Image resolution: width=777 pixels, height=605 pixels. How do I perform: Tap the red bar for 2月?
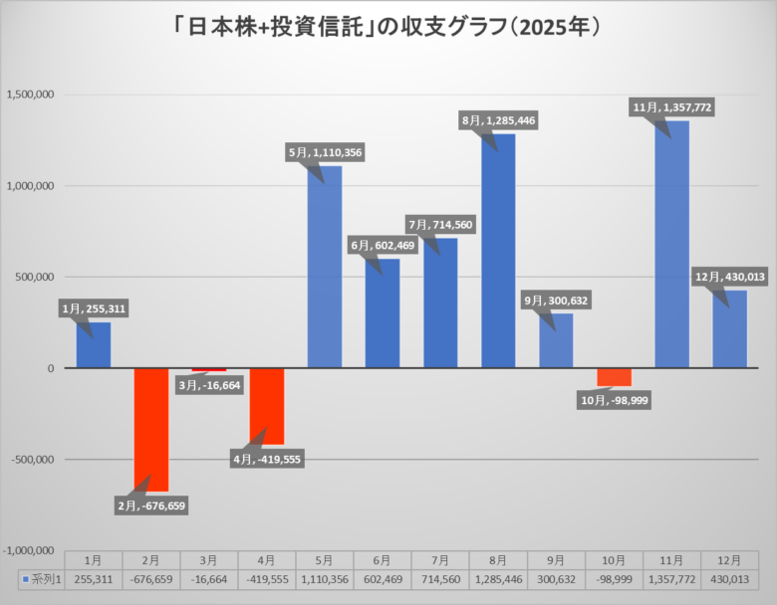(151, 429)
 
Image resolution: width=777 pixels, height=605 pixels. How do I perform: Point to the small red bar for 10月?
(614, 377)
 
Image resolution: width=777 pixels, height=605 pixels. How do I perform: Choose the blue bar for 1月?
(94, 344)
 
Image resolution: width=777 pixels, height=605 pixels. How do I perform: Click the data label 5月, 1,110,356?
(325, 152)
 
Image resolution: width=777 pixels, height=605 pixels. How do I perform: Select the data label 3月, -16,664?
(209, 385)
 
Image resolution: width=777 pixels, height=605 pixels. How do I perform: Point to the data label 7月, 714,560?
(440, 225)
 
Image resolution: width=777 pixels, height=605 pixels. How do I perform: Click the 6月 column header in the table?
(383, 561)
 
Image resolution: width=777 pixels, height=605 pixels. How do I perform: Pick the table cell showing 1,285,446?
(498, 578)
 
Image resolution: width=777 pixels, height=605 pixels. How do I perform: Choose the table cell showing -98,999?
(614, 578)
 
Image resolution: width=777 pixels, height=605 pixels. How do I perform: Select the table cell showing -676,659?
(151, 578)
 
